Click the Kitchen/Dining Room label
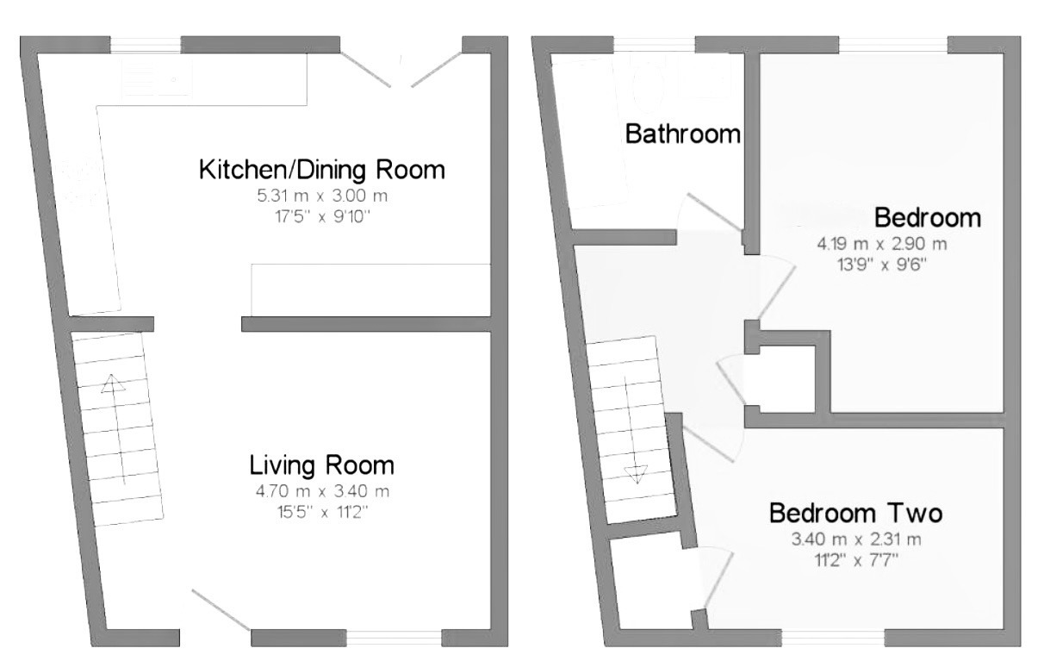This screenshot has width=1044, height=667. (321, 170)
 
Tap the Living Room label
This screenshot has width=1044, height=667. (321, 465)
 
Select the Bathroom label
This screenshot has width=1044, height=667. (683, 134)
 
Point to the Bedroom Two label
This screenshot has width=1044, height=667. (855, 513)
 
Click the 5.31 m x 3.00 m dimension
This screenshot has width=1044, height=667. (322, 196)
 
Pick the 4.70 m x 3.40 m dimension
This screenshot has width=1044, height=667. (322, 491)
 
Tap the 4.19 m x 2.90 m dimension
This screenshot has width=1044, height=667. (882, 244)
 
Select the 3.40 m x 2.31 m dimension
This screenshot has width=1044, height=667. (856, 539)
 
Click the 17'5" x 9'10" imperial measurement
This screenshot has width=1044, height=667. (322, 217)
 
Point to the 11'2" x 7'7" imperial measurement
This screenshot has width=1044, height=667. (856, 560)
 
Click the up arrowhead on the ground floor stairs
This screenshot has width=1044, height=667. (113, 383)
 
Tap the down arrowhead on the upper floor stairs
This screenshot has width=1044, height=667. (637, 474)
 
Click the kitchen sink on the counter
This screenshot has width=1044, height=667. (157, 80)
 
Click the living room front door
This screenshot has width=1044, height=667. (221, 610)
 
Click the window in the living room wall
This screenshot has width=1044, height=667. (394, 638)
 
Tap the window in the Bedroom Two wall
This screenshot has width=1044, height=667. (833, 638)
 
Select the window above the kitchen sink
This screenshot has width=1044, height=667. (146, 46)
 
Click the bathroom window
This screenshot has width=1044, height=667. (654, 45)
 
